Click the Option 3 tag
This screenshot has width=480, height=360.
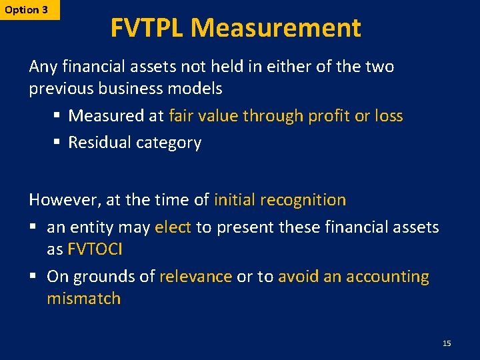click(27, 10)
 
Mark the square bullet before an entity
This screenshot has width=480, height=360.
click(34, 228)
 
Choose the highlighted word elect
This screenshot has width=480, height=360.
click(173, 227)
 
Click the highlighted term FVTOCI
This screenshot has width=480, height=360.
click(95, 249)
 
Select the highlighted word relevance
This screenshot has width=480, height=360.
click(195, 277)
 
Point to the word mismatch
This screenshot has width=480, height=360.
click(83, 299)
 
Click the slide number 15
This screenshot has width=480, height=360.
click(447, 343)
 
